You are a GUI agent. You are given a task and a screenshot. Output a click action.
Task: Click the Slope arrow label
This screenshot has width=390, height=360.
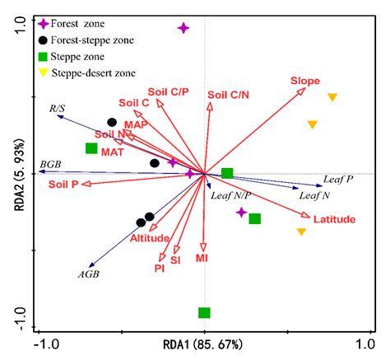(x=304, y=80)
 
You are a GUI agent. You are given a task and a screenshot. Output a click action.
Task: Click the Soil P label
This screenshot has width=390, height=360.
(x=63, y=184)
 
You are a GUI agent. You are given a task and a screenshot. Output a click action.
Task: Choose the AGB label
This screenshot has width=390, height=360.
(x=88, y=274)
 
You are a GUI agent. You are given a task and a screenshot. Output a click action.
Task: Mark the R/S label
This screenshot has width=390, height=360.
(x=58, y=107)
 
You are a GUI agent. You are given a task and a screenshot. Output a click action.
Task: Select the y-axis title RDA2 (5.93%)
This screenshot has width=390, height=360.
(x=14, y=174)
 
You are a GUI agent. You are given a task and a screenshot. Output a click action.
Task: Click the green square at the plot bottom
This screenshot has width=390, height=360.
(x=204, y=312)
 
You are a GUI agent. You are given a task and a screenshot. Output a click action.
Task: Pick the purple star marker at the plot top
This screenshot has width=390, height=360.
(x=183, y=28)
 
